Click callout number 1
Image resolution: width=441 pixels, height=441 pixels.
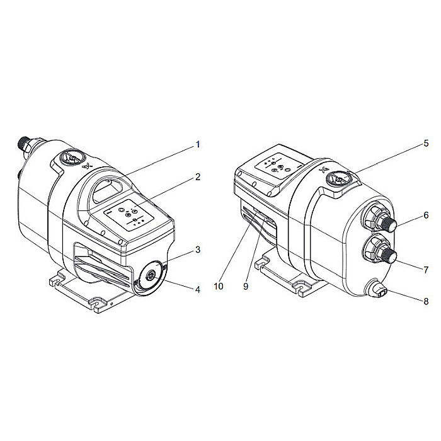coord(197,144)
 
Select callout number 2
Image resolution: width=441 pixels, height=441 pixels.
coord(197,177)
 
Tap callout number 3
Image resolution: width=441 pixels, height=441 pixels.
coord(197,249)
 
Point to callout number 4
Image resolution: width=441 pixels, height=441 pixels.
coord(197,290)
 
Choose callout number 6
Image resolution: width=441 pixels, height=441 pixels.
coord(426,215)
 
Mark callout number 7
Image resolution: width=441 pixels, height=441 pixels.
coord(426,270)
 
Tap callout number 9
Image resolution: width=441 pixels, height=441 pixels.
coord(246,285)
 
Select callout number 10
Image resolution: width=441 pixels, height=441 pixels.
coord(219,285)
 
